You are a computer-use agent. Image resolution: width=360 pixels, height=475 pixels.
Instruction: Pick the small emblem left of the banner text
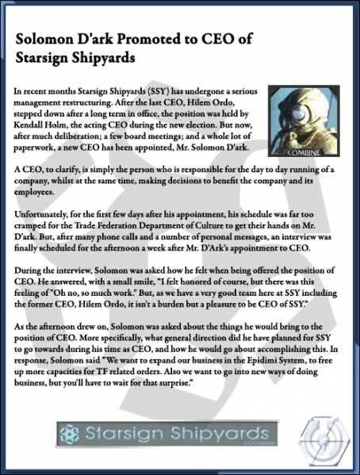[x=69, y=435]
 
